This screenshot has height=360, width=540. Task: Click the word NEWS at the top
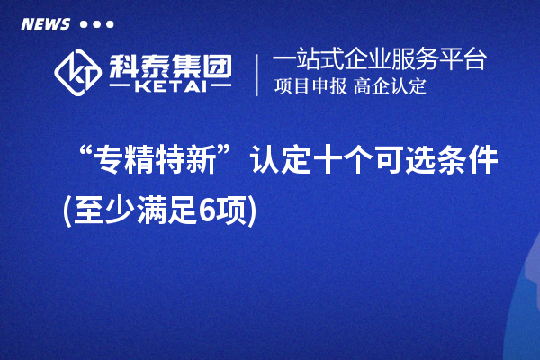45,24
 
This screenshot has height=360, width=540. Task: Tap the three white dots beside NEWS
96,24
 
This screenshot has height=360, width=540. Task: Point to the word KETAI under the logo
170,87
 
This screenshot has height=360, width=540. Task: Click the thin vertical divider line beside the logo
258,74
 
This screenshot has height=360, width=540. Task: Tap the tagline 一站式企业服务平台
380,60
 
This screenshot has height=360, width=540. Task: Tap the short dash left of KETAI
123,87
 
